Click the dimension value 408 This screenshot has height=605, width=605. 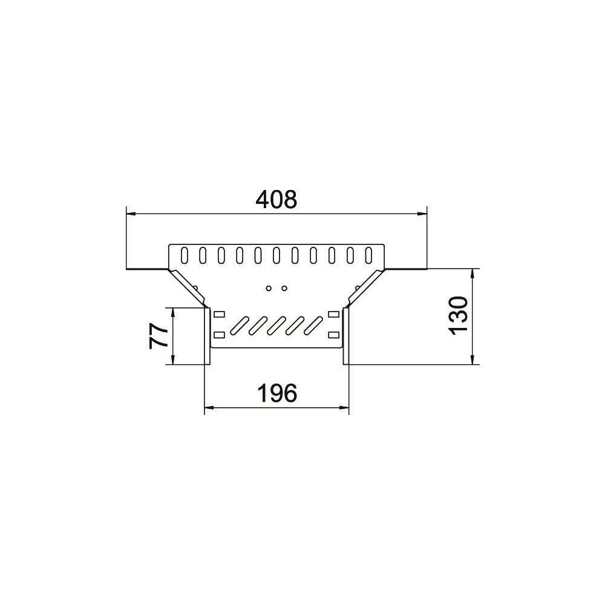276,200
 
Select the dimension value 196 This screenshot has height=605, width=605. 277,393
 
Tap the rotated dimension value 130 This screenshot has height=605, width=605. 459,316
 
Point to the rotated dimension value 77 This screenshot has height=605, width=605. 159,336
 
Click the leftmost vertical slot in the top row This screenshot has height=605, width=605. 185,255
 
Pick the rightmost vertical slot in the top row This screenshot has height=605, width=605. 368,255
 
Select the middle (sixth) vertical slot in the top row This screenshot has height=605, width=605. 276,255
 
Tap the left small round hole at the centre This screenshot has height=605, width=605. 269,288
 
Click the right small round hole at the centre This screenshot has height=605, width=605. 284,288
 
